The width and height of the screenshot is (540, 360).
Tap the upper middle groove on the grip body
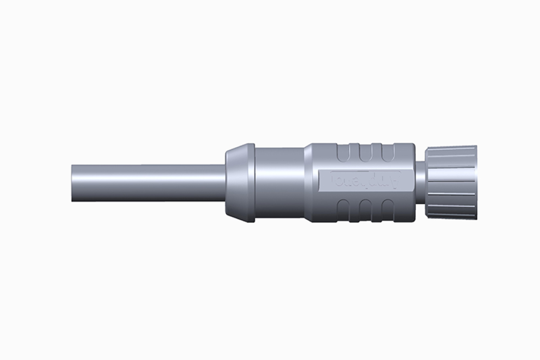tap(366, 152)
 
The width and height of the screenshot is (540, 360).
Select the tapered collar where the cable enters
tap(238, 182)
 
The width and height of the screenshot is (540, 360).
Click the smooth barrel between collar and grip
tap(279, 182)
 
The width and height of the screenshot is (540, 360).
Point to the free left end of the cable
tap(74, 182)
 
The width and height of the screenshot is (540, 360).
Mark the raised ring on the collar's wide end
tap(251, 182)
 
